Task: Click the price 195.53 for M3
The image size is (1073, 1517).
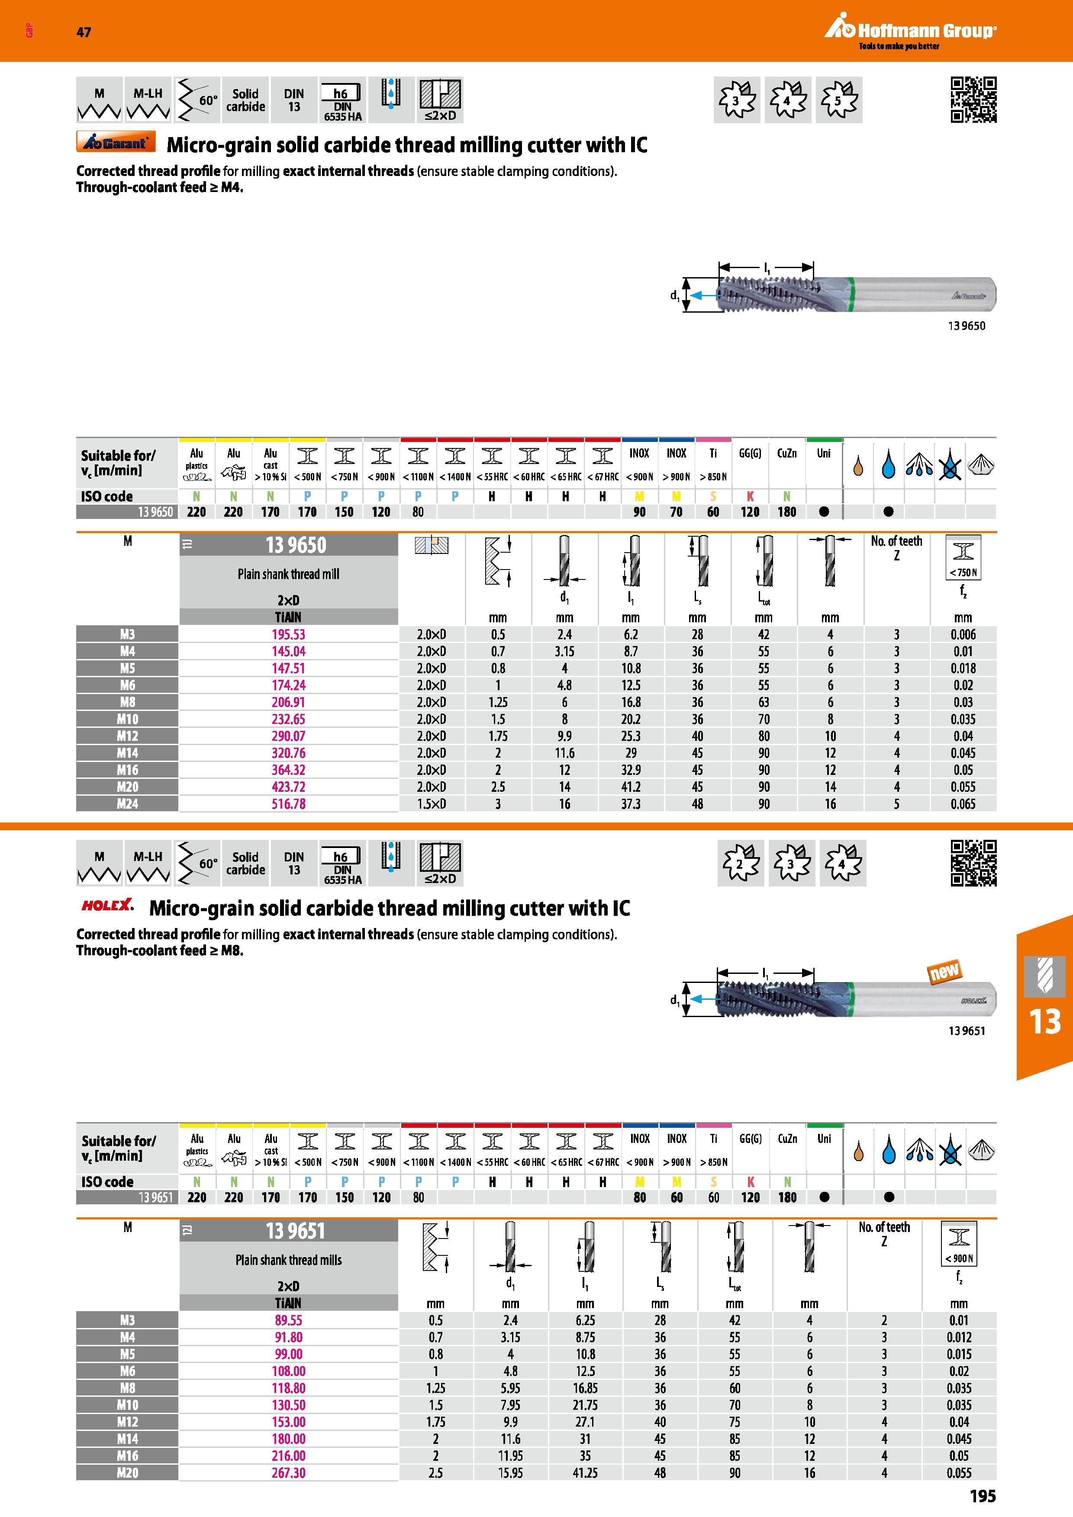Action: point(288,634)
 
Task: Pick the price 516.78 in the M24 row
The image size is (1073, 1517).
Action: point(288,804)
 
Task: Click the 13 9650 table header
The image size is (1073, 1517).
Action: point(296,545)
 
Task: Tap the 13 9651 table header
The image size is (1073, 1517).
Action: point(296,1231)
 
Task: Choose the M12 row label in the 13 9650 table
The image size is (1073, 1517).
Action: point(128,736)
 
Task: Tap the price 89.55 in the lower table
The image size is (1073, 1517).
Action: point(288,1320)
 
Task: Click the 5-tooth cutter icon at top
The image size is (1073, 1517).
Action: point(839,100)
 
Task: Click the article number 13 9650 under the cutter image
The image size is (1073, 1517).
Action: point(967,326)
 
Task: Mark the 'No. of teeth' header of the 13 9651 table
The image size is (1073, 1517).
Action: point(884,1234)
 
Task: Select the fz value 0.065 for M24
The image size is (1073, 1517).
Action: point(963,804)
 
